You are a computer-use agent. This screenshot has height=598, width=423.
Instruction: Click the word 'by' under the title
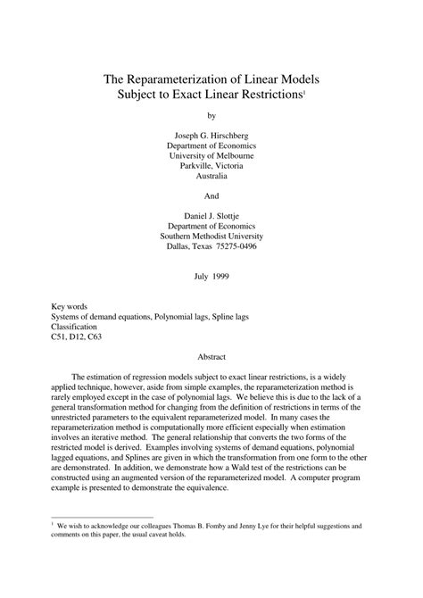[211, 116]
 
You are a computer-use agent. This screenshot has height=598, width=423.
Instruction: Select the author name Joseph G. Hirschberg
[211, 136]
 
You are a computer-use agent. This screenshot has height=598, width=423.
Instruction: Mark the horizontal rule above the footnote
[99, 517]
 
